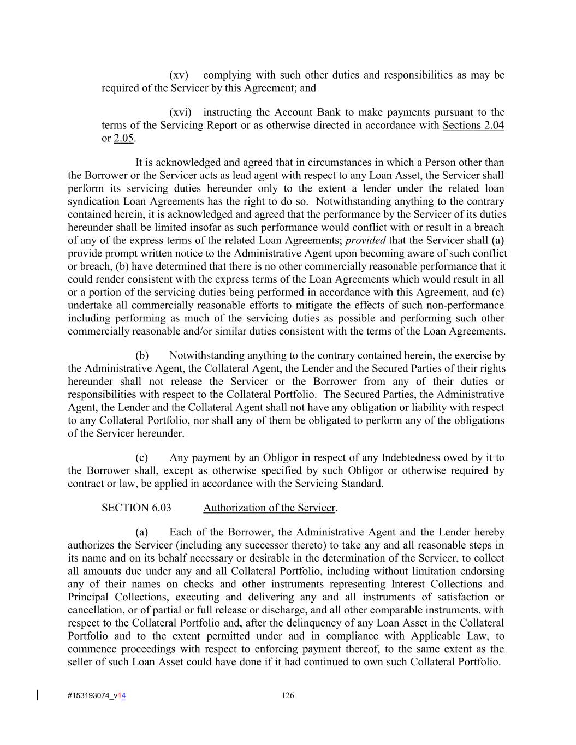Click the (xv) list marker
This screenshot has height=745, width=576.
[179, 75]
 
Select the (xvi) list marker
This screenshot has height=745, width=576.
[180, 112]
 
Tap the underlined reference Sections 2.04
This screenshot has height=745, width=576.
[473, 126]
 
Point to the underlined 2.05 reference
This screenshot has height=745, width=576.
[123, 139]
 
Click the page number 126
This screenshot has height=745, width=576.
[288, 695]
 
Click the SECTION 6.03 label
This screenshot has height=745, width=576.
[136, 508]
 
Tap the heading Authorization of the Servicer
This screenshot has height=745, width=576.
[269, 508]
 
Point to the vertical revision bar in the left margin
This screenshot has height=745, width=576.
[37, 695]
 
